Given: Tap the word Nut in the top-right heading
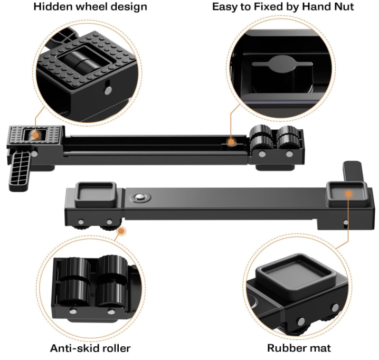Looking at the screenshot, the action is (x=344, y=6).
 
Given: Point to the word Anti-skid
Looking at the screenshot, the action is (x=74, y=348).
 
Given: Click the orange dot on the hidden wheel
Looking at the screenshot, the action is (x=36, y=135).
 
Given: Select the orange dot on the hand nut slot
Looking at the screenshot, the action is (x=231, y=142).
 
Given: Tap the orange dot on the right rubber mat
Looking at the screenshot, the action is (x=348, y=194).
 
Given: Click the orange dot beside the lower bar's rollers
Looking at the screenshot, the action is (x=121, y=231).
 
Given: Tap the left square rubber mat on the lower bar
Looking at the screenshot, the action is (x=96, y=195).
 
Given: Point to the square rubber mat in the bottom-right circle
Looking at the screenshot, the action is (x=296, y=274).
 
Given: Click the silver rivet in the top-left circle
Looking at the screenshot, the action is (x=108, y=90).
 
